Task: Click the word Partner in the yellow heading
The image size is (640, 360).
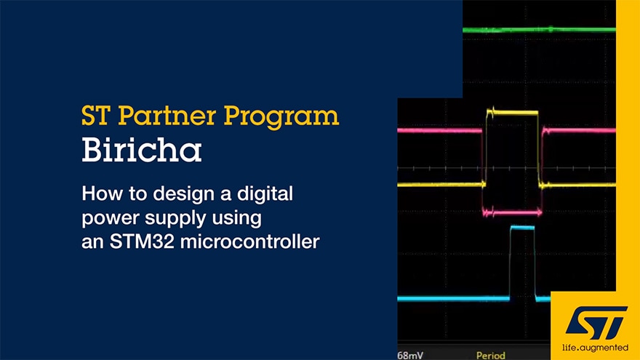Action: coord(167,116)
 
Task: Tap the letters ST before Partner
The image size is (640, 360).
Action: coord(96,116)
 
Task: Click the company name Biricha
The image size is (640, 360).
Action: coord(142,151)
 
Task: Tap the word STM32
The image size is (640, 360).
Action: coord(142,241)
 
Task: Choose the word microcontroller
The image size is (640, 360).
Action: coord(249,241)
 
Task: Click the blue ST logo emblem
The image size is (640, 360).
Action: coord(596,323)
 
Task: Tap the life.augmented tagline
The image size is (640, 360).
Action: coord(595,348)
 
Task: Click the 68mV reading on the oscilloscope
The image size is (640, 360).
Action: coord(410,355)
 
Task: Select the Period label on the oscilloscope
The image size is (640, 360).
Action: coord(491,356)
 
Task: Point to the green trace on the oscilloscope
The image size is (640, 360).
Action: coord(539,29)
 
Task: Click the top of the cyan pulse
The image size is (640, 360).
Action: coord(522,228)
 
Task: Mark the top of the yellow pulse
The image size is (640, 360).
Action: coord(513,112)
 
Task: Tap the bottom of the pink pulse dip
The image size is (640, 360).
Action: coord(512,212)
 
